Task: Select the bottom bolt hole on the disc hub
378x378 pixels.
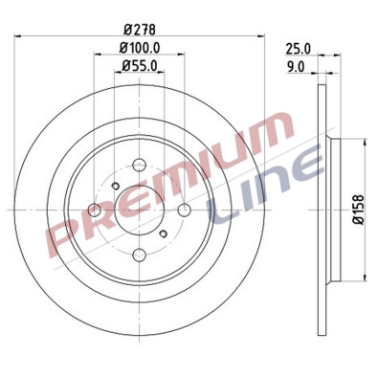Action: [138, 254]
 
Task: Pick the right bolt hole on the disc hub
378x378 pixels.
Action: [183, 210]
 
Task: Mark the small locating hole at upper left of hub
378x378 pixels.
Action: [114, 186]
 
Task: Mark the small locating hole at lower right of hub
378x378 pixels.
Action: [163, 233]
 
